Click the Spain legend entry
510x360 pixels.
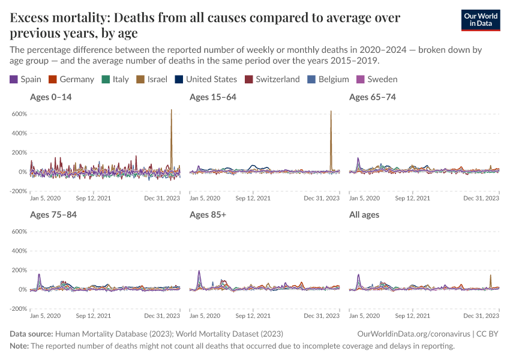[26, 79]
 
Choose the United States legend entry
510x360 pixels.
[206, 79]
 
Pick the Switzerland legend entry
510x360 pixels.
[272, 79]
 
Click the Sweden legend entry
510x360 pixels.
[377, 79]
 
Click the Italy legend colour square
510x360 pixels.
[106, 79]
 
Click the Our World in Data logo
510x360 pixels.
[480, 20]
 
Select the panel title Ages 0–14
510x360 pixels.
[50, 97]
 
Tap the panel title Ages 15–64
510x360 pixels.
[212, 97]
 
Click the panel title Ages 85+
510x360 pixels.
[208, 214]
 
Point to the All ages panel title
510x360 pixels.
[364, 214]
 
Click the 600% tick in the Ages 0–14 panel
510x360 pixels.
[19, 114]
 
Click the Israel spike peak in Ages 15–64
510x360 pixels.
[331, 111]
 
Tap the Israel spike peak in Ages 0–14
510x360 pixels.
[172, 110]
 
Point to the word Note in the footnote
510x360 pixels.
[19, 346]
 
